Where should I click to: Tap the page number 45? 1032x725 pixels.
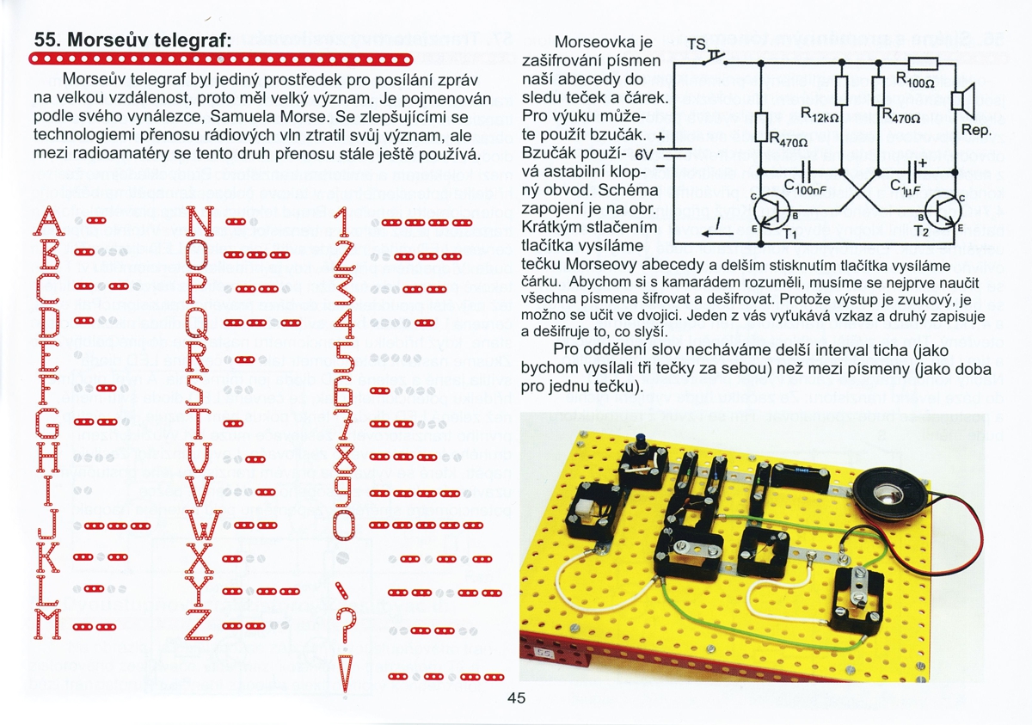[517, 697]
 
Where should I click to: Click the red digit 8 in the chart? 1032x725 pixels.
[344, 457]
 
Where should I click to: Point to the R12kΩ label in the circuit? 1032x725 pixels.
[820, 112]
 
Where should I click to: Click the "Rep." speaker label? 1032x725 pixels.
[977, 132]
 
